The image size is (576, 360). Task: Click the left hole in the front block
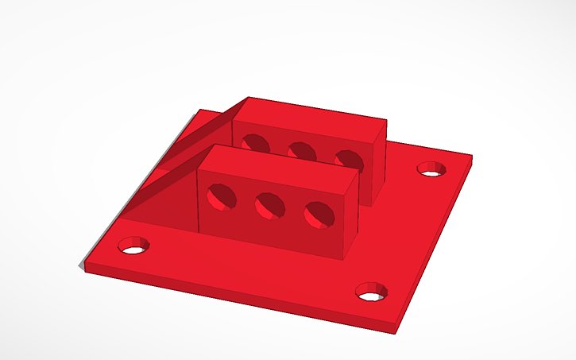coord(220,196)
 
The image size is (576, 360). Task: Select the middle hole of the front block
coord(269,207)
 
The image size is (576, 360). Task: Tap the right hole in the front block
coord(319,215)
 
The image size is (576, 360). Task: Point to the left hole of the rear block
coord(255,142)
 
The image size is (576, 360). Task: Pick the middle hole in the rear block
coord(300,150)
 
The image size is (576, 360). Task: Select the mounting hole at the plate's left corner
coord(134,246)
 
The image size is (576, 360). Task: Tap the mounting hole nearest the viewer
coord(369,292)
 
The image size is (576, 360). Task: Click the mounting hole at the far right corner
coord(431,169)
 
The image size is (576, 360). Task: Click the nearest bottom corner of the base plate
coord(396,330)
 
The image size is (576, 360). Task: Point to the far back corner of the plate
coord(200,110)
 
